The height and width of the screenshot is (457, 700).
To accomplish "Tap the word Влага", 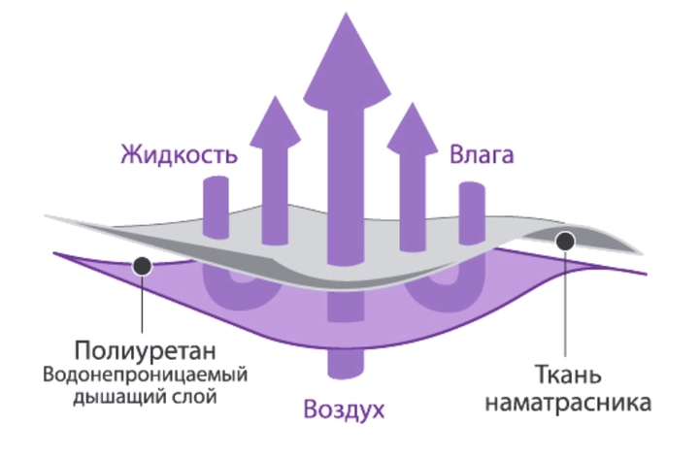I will click(x=481, y=155).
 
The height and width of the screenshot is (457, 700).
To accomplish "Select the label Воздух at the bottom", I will click(x=343, y=408).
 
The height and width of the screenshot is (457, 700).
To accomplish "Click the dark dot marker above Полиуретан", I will click(x=142, y=264).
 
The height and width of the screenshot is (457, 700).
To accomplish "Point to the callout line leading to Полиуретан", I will click(x=142, y=301).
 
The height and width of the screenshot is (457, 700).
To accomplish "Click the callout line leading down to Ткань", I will click(x=566, y=301).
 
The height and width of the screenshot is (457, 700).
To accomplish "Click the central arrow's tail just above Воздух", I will click(x=342, y=364).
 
